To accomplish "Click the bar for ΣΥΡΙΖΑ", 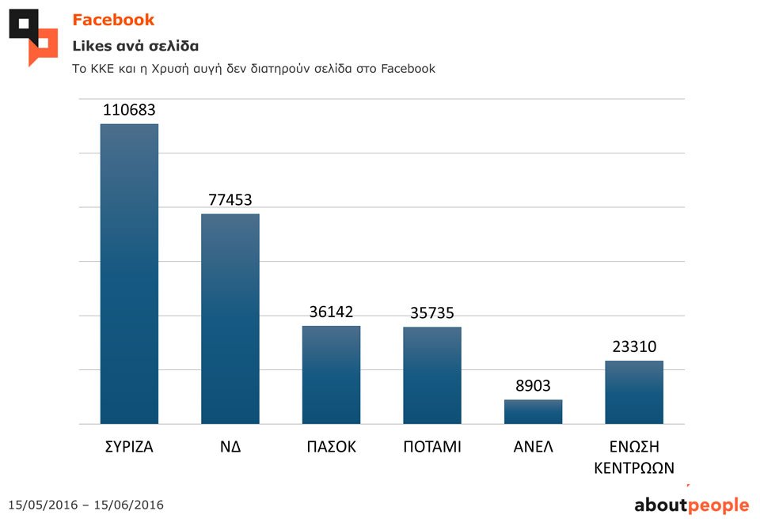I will pyautogui.click(x=129, y=273).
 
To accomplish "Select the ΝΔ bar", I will pyautogui.click(x=230, y=318).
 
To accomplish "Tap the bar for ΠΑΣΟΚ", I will pyautogui.click(x=331, y=374).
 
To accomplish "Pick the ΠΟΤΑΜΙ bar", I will pyautogui.click(x=432, y=375).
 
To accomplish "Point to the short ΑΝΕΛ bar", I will pyautogui.click(x=533, y=411).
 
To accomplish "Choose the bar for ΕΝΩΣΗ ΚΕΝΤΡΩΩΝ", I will pyautogui.click(x=634, y=392).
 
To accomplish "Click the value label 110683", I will pyautogui.click(x=129, y=110).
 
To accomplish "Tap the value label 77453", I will pyautogui.click(x=230, y=200).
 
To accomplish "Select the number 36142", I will pyautogui.click(x=331, y=312).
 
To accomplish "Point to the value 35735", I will pyautogui.click(x=432, y=313).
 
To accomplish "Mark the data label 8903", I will pyautogui.click(x=533, y=386).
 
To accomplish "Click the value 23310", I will pyautogui.click(x=634, y=346).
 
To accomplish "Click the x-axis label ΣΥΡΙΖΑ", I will pyautogui.click(x=129, y=447).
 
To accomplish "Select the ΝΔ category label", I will pyautogui.click(x=230, y=447).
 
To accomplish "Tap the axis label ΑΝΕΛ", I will pyautogui.click(x=533, y=447).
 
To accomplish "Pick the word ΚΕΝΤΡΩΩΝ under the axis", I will pyautogui.click(x=634, y=467).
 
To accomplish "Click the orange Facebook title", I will pyautogui.click(x=113, y=20).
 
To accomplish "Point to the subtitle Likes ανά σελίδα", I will pyautogui.click(x=135, y=45).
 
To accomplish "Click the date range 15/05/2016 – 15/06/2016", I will pyautogui.click(x=85, y=505).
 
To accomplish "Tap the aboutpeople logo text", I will pyautogui.click(x=691, y=505).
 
